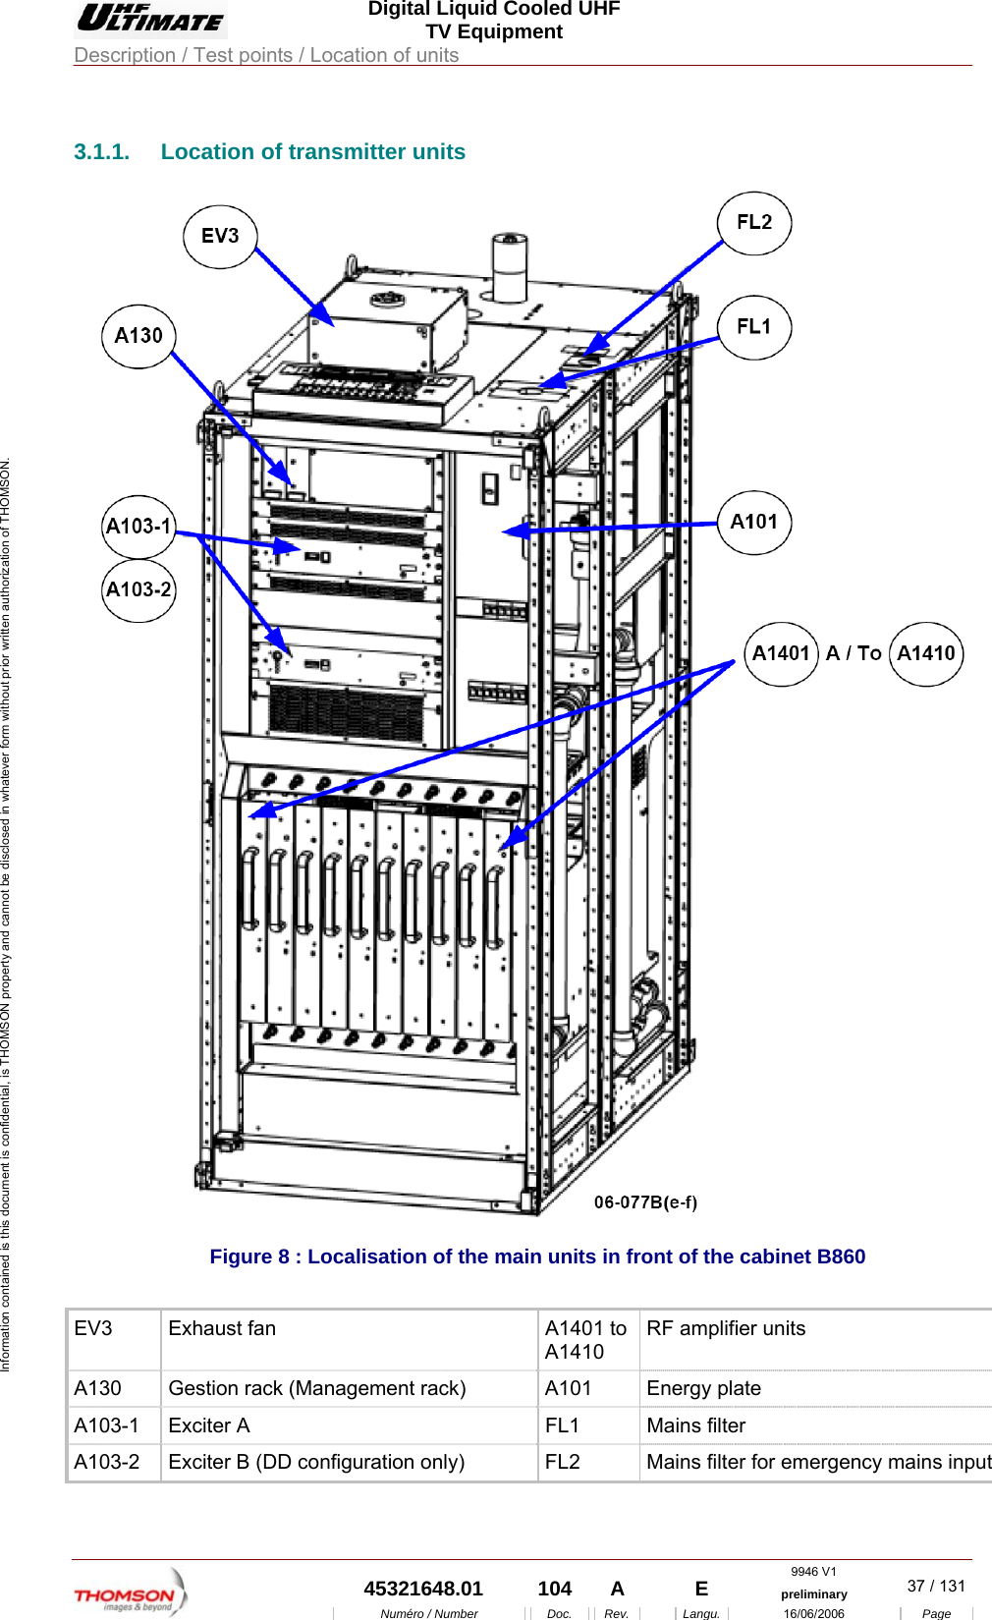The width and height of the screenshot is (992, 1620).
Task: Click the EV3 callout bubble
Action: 220,237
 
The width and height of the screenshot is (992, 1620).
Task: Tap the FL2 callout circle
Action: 754,223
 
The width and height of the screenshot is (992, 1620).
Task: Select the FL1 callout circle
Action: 754,327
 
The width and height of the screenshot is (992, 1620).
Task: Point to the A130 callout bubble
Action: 138,336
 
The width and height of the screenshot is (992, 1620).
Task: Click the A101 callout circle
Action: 754,523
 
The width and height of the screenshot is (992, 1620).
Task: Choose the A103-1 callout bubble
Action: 138,527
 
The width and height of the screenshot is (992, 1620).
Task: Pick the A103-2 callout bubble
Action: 138,590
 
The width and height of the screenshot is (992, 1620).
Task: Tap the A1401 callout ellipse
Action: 781,654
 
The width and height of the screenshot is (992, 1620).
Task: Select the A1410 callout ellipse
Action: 926,654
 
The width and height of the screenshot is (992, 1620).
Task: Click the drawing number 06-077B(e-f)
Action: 645,1202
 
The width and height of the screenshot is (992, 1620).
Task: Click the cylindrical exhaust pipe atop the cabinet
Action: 509,267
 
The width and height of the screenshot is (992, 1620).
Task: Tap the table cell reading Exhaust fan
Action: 222,1329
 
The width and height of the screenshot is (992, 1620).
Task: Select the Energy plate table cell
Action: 703,1389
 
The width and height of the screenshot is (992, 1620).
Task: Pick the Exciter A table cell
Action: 209,1425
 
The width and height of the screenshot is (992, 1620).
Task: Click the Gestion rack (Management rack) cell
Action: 316,1389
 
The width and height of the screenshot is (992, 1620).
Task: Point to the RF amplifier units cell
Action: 725,1329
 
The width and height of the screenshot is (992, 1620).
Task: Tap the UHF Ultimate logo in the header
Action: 151,19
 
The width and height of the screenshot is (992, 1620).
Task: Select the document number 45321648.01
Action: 423,1590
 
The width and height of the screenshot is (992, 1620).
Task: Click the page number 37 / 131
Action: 936,1587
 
